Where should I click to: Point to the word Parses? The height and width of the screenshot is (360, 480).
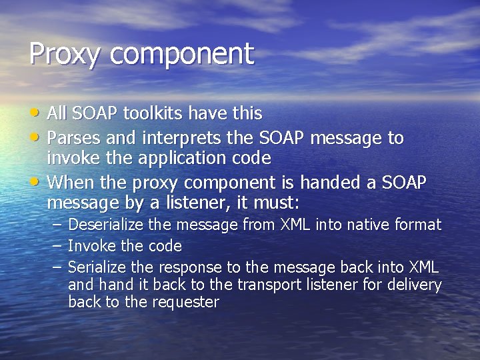74,139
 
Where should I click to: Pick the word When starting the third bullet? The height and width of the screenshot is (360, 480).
72,182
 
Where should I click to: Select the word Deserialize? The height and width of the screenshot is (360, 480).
106,225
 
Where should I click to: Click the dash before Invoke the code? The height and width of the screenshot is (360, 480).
57,246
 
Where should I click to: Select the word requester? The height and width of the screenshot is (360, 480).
184,302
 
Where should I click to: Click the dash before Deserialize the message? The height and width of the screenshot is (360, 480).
57,225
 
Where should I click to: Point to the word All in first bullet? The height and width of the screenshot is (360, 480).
58,114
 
